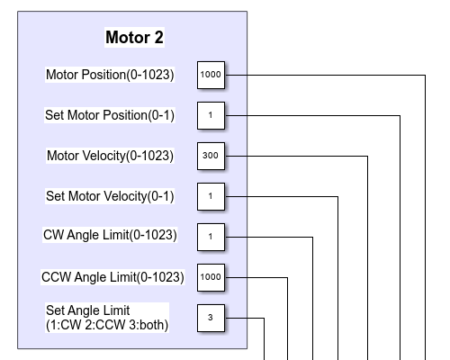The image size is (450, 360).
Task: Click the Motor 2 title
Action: [134, 38]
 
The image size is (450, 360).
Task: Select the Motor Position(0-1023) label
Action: [110, 75]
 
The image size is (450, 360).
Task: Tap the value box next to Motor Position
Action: [211, 75]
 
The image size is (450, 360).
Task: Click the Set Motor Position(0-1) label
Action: [110, 115]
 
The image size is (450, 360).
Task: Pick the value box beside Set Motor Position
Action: [211, 115]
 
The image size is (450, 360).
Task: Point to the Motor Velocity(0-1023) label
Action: [110, 156]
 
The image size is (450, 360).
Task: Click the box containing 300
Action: [211, 156]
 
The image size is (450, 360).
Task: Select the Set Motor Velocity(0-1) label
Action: [110, 196]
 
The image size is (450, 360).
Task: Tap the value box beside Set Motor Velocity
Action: [211, 196]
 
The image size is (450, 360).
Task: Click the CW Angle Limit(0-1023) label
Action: [110, 235]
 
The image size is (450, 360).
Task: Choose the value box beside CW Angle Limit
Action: [211, 237]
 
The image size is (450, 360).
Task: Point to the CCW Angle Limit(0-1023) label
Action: [112, 277]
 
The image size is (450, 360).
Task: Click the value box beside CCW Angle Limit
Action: [211, 277]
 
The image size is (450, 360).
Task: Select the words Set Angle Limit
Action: [87, 310]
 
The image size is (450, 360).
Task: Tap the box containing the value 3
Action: [211, 318]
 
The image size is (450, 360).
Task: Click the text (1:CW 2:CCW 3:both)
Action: [107, 325]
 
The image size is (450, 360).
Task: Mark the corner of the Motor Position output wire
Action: [425, 75]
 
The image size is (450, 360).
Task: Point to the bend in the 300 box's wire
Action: [368, 156]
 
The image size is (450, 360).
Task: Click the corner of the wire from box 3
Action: [264, 318]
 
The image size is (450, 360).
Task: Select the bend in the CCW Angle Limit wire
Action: [287, 278]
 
